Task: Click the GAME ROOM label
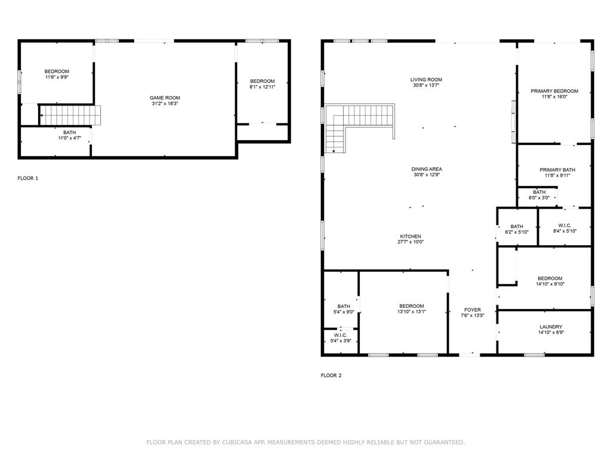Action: pos(165,98)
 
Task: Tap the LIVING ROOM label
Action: pos(426,79)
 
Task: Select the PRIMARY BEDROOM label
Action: pos(554,91)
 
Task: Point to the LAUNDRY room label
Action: pos(551,327)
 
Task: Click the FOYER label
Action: pos(473,310)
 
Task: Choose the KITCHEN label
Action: pos(410,236)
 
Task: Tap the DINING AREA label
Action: pos(427,169)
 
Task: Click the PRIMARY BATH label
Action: pos(557,170)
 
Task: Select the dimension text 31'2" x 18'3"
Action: pos(165,104)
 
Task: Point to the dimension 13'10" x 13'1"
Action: pos(412,312)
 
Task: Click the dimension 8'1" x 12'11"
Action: pos(262,87)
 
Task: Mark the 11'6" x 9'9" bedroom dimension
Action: pos(57,77)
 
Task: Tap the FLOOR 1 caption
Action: pos(28,178)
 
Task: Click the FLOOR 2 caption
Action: pos(331,376)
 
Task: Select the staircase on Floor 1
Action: pos(70,114)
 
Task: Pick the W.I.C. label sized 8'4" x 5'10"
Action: pos(565,225)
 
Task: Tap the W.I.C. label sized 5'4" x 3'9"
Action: pos(341,335)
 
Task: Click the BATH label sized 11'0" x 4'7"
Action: pos(70,132)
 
